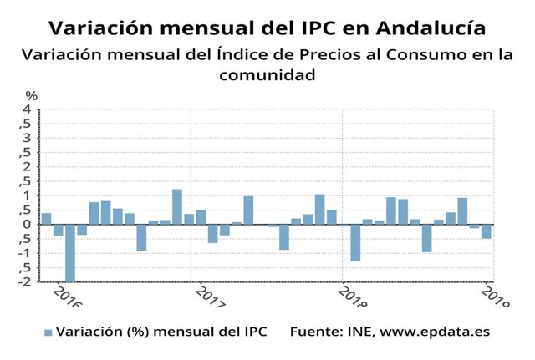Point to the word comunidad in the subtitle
[267, 75]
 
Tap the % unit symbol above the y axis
[31, 96]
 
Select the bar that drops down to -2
[70, 252]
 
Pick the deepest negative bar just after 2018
[355, 242]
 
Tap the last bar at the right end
[486, 231]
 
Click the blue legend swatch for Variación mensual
[48, 332]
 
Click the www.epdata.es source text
[435, 332]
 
